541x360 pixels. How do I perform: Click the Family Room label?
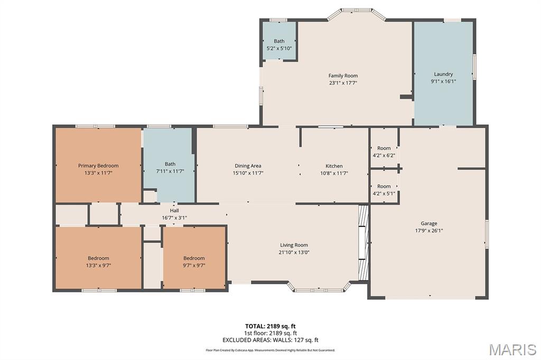click(x=343, y=75)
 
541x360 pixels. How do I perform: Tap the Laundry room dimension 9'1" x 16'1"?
click(x=443, y=81)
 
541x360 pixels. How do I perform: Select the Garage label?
click(x=428, y=223)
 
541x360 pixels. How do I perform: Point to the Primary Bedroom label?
click(x=98, y=166)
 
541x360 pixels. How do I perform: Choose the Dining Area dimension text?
click(x=248, y=173)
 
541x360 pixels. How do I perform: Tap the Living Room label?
click(x=294, y=245)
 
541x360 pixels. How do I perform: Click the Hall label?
click(x=174, y=211)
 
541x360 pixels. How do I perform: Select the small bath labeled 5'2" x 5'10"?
click(x=279, y=45)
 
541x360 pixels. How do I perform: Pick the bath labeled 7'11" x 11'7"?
click(x=170, y=168)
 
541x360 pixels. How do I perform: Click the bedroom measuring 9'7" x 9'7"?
click(x=194, y=262)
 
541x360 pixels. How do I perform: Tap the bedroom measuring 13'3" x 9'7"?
click(x=98, y=262)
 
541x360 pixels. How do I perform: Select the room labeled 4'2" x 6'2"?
click(x=384, y=151)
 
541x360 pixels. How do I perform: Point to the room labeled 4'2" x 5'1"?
click(x=384, y=190)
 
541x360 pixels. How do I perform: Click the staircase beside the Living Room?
click(x=363, y=242)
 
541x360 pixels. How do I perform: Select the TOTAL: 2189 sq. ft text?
click(x=270, y=326)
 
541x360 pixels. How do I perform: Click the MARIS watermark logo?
click(x=512, y=349)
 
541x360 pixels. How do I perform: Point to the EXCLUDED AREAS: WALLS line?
click(x=270, y=340)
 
